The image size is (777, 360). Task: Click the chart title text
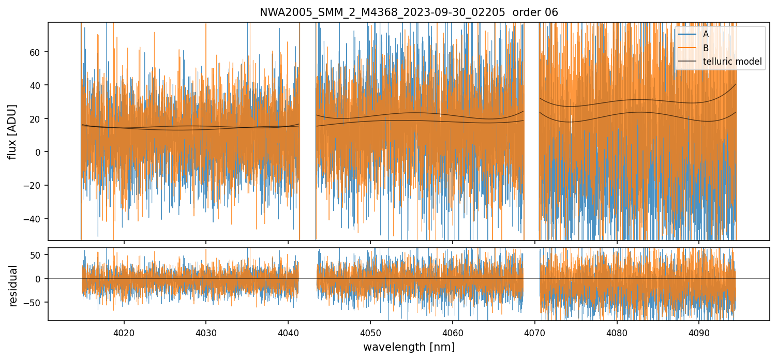409,12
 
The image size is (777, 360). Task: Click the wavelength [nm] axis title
409,347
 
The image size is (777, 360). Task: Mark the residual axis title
13,286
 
